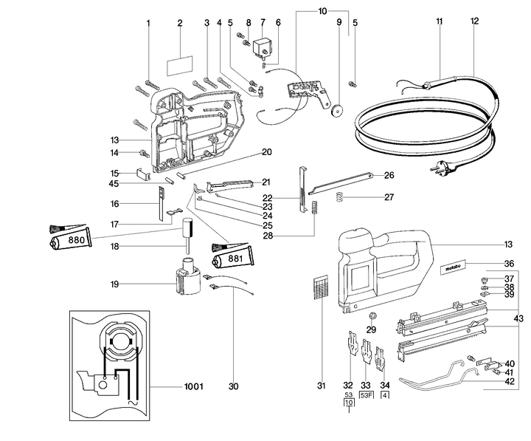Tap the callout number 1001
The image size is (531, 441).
193,386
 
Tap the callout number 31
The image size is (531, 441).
322,386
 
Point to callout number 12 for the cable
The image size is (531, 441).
474,21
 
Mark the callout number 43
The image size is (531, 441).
519,318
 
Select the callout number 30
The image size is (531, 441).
234,386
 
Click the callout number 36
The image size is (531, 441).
509,264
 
